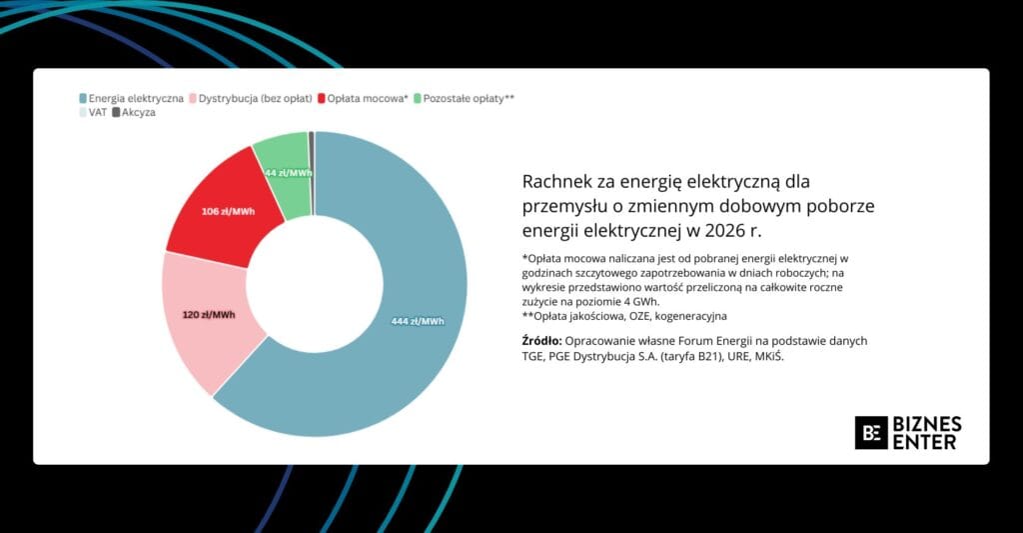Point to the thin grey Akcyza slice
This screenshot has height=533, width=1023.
[x=312, y=173]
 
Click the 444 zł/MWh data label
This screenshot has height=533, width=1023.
[x=418, y=321]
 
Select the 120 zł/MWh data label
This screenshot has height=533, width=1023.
[x=209, y=315]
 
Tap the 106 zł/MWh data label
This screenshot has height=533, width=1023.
[x=229, y=212]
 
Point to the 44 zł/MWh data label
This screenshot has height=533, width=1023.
[x=289, y=173]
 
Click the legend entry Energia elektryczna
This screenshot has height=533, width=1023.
[x=131, y=99]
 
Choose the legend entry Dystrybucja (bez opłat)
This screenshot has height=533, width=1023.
[x=251, y=99]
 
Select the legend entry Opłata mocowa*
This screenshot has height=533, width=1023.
[x=363, y=99]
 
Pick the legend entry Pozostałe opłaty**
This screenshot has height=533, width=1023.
[x=464, y=99]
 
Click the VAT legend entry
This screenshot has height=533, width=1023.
[x=93, y=112]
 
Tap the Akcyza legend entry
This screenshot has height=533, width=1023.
[x=134, y=112]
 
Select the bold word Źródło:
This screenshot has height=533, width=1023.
[x=541, y=340]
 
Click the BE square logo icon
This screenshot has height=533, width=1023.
[x=871, y=432]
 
